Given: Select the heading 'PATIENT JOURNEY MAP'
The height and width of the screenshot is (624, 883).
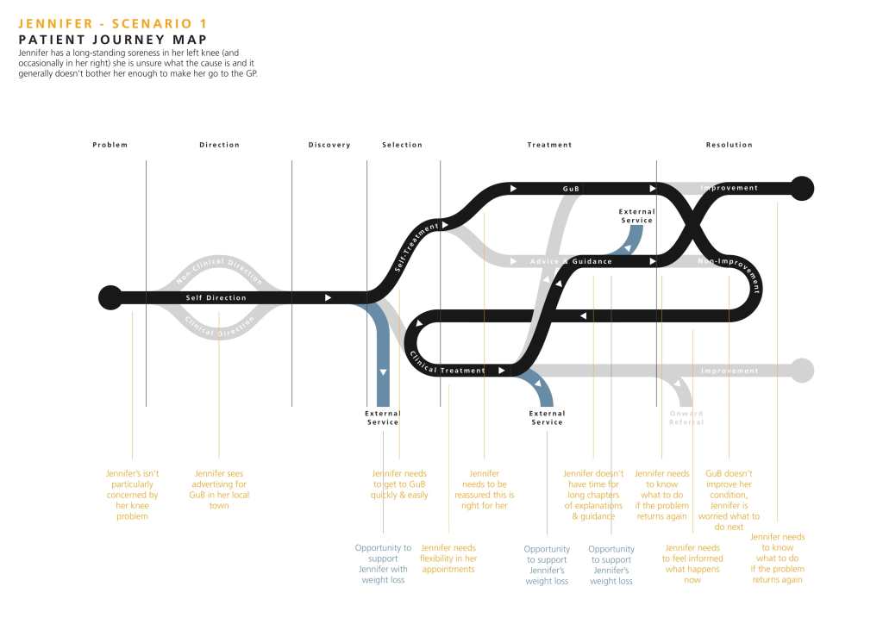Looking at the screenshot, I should (x=112, y=40).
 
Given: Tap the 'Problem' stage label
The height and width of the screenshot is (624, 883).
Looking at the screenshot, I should (x=110, y=145).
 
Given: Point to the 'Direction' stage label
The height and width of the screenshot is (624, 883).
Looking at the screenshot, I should (x=219, y=145).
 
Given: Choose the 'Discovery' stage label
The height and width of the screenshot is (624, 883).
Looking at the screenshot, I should (x=329, y=145).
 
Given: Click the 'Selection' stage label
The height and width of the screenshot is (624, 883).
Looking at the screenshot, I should (x=402, y=145).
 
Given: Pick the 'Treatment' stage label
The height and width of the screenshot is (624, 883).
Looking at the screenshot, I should (x=549, y=145).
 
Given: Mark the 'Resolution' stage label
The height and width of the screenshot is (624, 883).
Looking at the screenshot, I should (x=729, y=145).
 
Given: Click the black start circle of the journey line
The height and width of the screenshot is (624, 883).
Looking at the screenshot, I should (x=110, y=297).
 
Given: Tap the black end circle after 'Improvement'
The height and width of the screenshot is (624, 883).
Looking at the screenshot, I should (x=802, y=187).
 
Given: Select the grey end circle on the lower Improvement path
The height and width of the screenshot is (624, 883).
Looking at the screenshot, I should (x=802, y=371).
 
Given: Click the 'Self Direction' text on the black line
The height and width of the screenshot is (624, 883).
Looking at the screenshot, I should (x=216, y=298).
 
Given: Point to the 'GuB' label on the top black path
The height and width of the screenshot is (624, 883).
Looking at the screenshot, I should (x=571, y=188).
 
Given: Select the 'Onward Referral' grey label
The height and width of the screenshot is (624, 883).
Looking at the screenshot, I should (x=686, y=418).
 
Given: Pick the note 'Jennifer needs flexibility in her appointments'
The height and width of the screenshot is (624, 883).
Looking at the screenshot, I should (x=448, y=558).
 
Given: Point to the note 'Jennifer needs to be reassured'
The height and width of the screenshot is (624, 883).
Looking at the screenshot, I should (x=485, y=490).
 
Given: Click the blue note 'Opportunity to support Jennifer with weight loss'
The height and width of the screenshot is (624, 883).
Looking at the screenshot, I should (x=383, y=564).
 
